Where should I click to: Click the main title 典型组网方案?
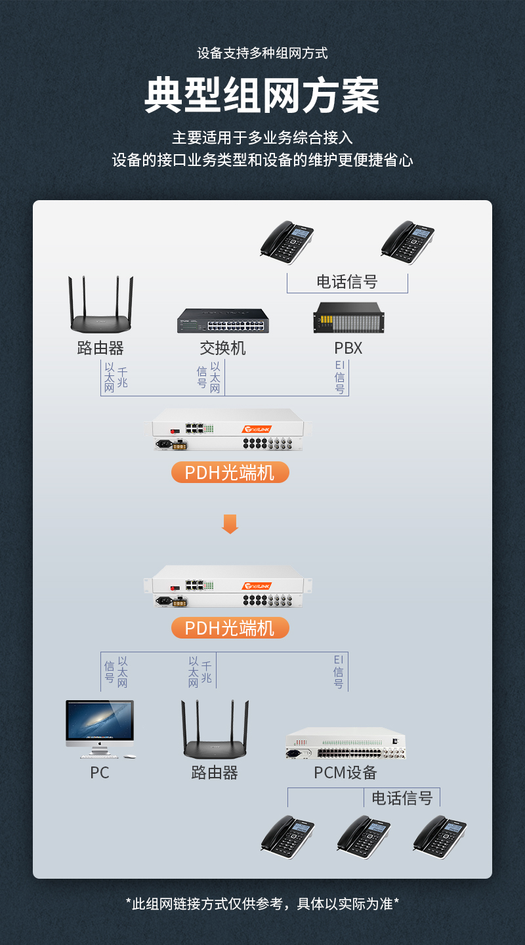coord(262,96)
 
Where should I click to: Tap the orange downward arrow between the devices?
coord(230,524)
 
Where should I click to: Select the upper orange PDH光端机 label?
coord(230,472)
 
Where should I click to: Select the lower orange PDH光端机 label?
coord(230,628)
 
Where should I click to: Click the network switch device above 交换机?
coord(223,321)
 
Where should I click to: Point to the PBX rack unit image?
coord(348,318)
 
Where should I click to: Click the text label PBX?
coord(348,348)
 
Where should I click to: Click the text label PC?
coord(100,772)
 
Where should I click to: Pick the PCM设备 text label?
coord(345,772)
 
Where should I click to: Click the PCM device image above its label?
coord(346,744)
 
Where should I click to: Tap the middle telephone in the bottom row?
coord(363,837)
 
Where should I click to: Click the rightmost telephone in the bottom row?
coord(439,837)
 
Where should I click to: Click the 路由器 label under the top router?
coord(100,348)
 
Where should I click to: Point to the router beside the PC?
coord(215,732)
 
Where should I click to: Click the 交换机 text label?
coord(223,348)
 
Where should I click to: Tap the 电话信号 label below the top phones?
coord(347,282)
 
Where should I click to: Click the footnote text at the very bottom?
coord(262,904)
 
